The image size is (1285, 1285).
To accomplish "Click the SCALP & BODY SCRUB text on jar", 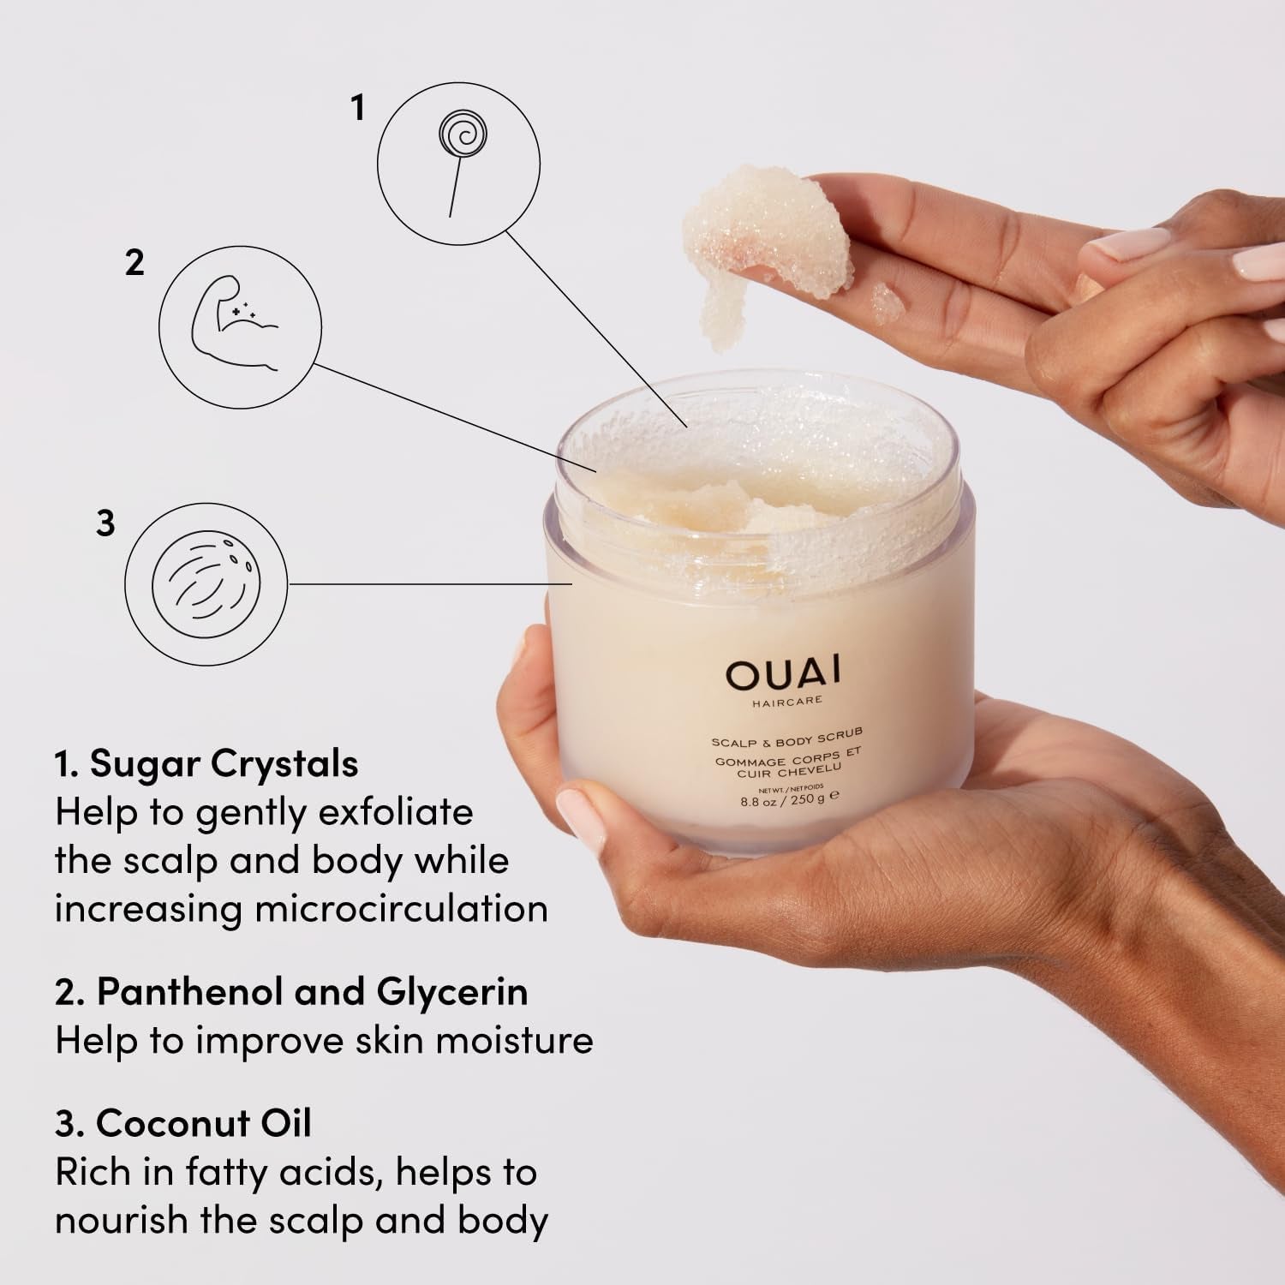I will point(786,738).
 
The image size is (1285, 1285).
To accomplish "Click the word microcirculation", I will point(402,908).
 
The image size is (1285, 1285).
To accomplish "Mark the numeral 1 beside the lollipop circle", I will point(358,108).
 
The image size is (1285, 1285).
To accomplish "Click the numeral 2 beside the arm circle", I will point(134,263).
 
